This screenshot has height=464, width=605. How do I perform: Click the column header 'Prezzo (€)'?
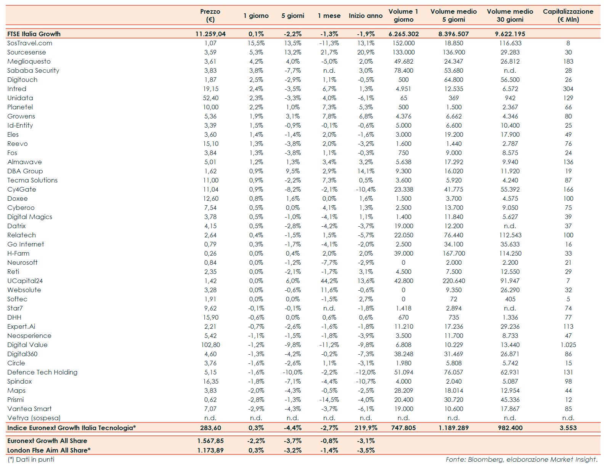pyautogui.click(x=210, y=16)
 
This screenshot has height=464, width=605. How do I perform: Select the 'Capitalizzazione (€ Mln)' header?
pyautogui.click(x=568, y=16)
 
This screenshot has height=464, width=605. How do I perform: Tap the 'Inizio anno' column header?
pyautogui.click(x=365, y=16)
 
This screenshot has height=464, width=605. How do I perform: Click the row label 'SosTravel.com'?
pyautogui.click(x=30, y=43)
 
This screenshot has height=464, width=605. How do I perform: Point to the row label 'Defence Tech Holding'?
pyautogui.click(x=42, y=372)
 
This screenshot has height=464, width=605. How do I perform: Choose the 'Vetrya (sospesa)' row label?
pyautogui.click(x=34, y=418)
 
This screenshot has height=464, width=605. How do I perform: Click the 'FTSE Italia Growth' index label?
pyautogui.click(x=34, y=34)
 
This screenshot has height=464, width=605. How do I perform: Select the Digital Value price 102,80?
pyautogui.click(x=210, y=345)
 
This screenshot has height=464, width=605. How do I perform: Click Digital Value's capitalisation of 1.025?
pyautogui.click(x=568, y=345)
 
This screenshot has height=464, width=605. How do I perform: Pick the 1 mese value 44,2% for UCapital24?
pyautogui.click(x=329, y=281)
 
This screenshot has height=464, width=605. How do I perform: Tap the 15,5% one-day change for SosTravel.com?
pyautogui.click(x=256, y=43)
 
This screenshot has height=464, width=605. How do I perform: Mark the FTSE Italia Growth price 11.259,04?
pyautogui.click(x=210, y=34)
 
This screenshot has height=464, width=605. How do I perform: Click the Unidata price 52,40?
pyautogui.click(x=210, y=98)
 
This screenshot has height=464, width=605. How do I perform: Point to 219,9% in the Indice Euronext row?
pyautogui.click(x=366, y=428)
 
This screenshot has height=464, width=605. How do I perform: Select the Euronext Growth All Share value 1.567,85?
pyautogui.click(x=210, y=441)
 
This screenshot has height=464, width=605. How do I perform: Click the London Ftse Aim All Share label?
pyautogui.click(x=49, y=450)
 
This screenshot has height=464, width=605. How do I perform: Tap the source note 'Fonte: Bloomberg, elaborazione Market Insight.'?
pyautogui.click(x=522, y=459)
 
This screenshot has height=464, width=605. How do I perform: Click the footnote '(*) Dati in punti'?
pyautogui.click(x=31, y=459)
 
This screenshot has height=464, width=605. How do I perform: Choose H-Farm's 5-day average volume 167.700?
pyautogui.click(x=454, y=253)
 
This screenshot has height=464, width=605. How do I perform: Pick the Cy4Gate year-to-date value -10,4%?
pyautogui.click(x=366, y=189)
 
